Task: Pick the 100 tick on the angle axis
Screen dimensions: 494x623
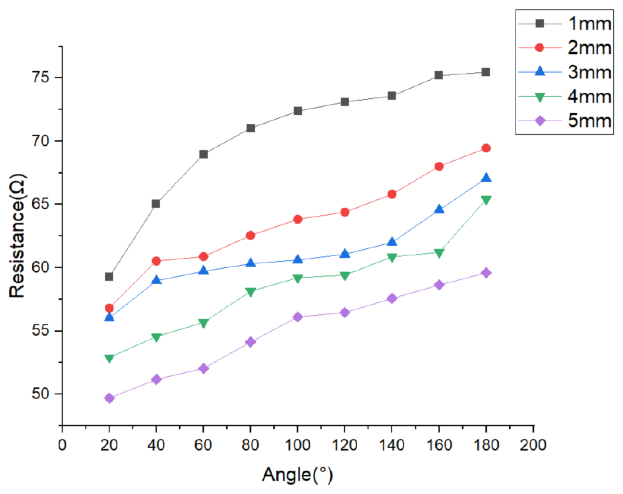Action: pos(298,445)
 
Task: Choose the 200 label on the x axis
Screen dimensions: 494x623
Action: pos(533,445)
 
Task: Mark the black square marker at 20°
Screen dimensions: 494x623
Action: pos(109,277)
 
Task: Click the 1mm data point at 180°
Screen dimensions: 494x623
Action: pos(486,72)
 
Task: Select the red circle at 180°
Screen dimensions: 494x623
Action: pos(486,148)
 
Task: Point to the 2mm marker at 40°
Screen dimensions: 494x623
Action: pos(156,261)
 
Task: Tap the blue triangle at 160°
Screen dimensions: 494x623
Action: pos(439,209)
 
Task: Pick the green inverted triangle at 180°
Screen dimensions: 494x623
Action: pos(486,200)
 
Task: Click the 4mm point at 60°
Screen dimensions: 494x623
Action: pos(204,323)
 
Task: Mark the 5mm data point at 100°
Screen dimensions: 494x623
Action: pos(298,317)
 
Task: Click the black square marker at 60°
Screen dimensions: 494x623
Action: pos(204,154)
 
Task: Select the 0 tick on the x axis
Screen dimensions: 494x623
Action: pos(62,445)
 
